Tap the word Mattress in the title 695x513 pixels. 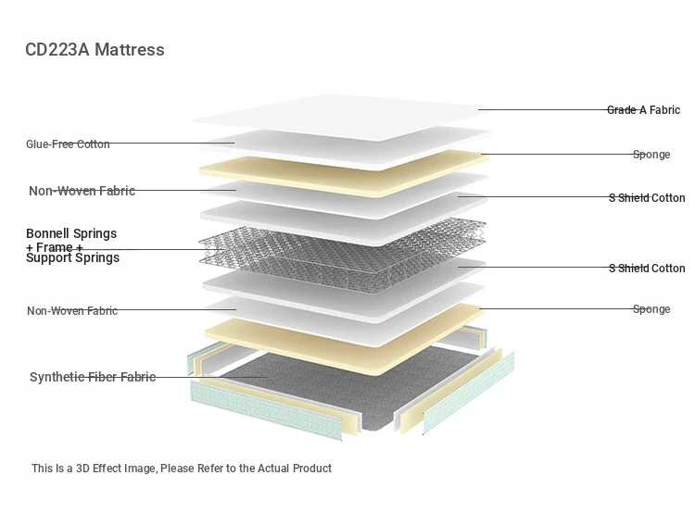[130, 50]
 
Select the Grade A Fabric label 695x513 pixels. [643, 110]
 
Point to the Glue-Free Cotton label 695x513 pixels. [68, 144]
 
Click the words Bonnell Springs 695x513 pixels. [71, 233]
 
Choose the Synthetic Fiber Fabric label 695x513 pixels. [93, 377]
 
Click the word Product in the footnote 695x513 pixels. [312, 469]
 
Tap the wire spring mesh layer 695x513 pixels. [342, 255]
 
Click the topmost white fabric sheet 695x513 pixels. [341, 116]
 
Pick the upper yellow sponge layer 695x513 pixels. [344, 173]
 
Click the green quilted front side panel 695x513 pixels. [266, 411]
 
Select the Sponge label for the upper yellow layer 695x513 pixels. [651, 155]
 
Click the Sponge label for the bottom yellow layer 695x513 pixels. [651, 308]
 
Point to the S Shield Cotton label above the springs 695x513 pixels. [647, 198]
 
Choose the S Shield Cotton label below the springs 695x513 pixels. [647, 268]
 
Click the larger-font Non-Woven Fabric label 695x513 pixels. [82, 191]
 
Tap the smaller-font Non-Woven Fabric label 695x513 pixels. [72, 310]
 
